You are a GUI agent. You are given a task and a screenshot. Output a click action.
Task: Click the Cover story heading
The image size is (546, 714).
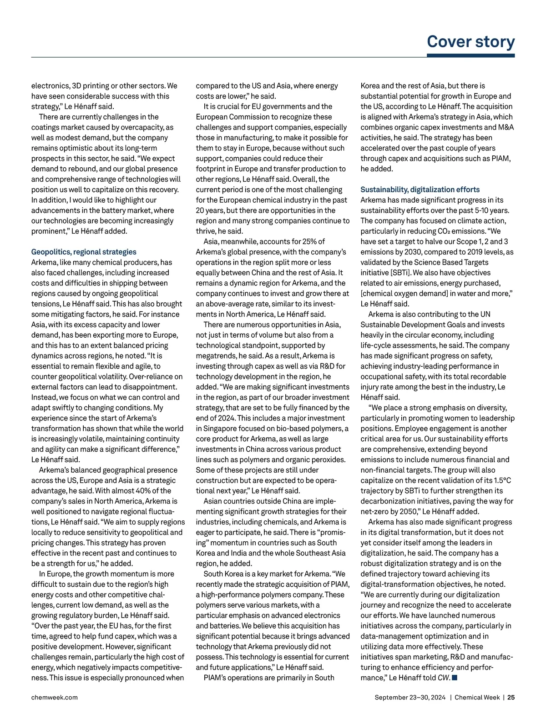470,41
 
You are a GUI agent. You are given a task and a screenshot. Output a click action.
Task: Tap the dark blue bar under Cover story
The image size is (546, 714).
470,55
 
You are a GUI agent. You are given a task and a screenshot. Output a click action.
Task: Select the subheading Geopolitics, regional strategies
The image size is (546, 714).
84,252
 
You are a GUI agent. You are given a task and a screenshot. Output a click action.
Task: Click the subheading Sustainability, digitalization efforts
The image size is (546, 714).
420,190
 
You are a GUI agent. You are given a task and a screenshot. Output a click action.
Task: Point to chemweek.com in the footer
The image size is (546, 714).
54,697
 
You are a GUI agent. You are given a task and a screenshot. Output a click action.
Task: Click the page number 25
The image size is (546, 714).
511,697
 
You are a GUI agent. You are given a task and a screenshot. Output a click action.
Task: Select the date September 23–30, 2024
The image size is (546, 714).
409,697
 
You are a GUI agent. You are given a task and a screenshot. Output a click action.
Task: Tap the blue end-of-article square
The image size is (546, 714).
455,678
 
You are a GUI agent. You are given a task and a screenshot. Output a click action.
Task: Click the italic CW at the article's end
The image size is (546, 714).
444,678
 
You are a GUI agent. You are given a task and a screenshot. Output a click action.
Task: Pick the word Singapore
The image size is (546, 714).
220,429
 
